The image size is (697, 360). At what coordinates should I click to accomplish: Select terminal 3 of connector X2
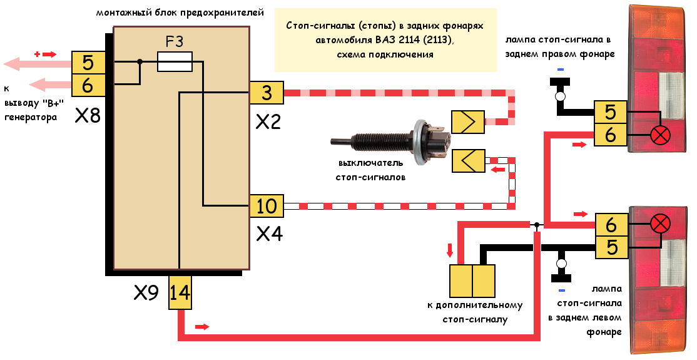267,93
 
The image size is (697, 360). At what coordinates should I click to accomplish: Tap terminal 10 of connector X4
267,205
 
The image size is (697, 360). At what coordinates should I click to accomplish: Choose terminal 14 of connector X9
180,292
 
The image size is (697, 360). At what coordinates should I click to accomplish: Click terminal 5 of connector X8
88,63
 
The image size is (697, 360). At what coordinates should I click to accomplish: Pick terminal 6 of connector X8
88,85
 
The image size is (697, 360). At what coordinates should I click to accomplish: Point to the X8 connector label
88,116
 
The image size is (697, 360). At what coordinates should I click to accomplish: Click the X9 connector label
146,292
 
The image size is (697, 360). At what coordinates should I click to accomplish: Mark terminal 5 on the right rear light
611,113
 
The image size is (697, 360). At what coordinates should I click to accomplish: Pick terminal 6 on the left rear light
611,224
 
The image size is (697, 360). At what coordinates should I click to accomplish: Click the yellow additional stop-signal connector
472,280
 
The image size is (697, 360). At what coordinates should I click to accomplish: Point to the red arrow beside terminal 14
202,327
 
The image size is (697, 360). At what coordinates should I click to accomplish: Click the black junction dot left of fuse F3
140,61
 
